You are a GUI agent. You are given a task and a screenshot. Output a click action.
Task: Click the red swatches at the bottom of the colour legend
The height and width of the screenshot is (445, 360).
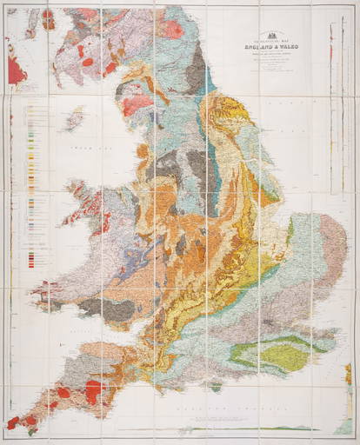pos(36,258)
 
